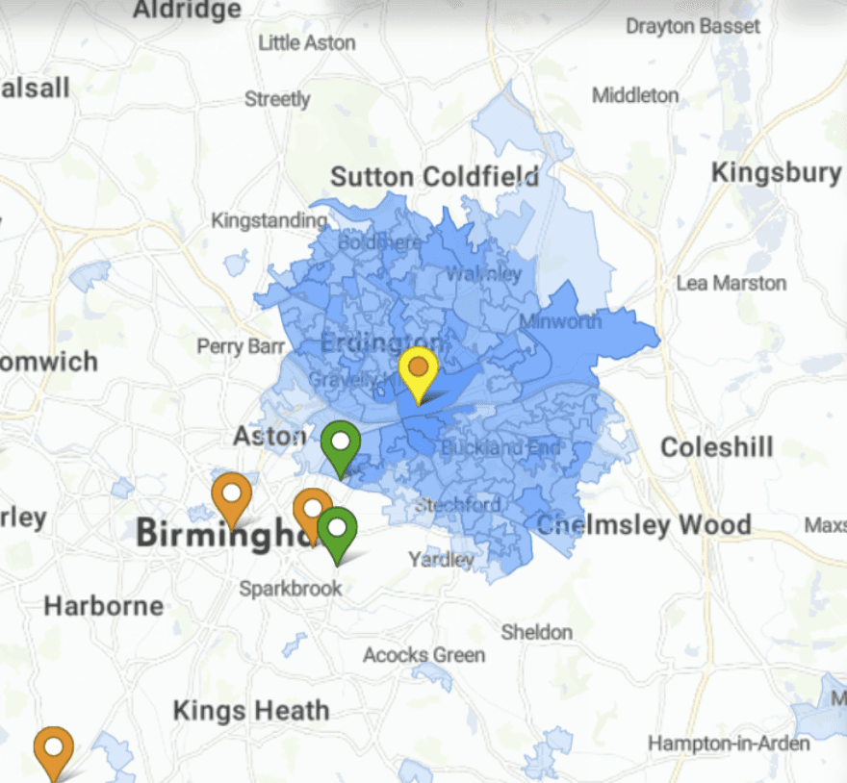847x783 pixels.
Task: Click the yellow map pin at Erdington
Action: pyautogui.click(x=419, y=370)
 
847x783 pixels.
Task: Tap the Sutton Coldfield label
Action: pyautogui.click(x=434, y=177)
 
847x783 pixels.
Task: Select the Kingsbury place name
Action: pyautogui.click(x=776, y=173)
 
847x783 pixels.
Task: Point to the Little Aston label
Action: pyautogui.click(x=307, y=43)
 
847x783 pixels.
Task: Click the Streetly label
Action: pyautogui.click(x=277, y=99)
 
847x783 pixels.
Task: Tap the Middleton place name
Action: pyautogui.click(x=635, y=95)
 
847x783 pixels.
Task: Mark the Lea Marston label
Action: pyautogui.click(x=731, y=283)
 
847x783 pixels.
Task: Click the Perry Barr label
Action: pyautogui.click(x=241, y=345)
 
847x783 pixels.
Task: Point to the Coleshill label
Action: pyautogui.click(x=717, y=447)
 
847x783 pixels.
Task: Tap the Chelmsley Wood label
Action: pyautogui.click(x=644, y=525)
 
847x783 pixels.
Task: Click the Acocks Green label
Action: pyautogui.click(x=423, y=655)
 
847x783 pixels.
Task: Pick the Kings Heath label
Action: pyautogui.click(x=250, y=711)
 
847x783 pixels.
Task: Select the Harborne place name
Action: pyautogui.click(x=104, y=606)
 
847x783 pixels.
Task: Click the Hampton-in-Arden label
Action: pyautogui.click(x=729, y=744)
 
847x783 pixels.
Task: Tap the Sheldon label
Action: pyautogui.click(x=536, y=632)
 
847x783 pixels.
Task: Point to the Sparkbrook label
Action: pyautogui.click(x=291, y=588)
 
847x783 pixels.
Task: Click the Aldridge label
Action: pyautogui.click(x=187, y=10)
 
